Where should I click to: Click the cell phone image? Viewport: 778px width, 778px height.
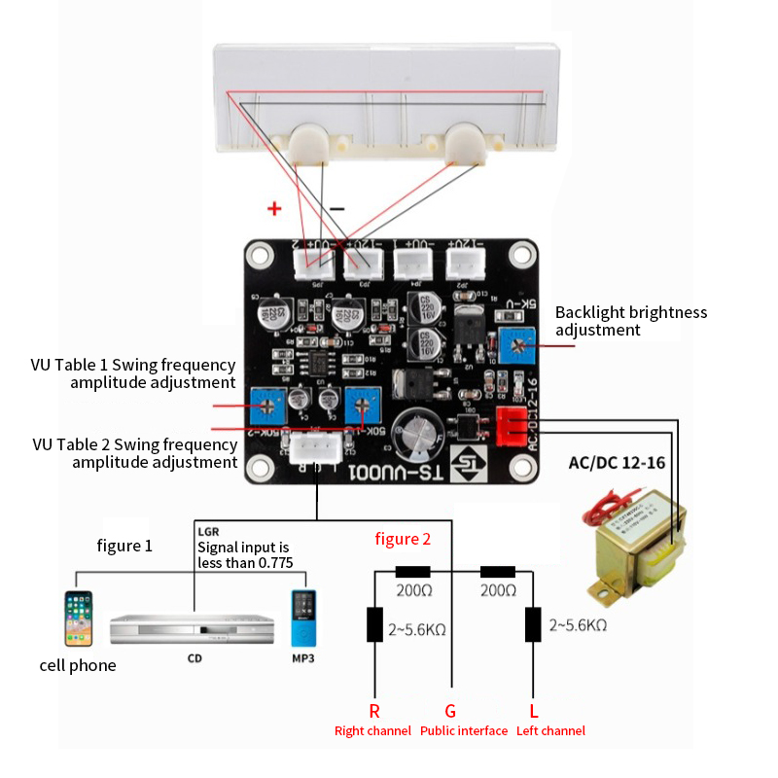tap(79, 619)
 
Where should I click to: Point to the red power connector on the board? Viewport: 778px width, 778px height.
tap(513, 424)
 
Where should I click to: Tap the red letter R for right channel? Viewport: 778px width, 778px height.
tap(374, 711)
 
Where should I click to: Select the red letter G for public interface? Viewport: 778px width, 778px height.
tap(451, 711)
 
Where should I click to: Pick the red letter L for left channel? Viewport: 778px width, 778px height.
tap(533, 711)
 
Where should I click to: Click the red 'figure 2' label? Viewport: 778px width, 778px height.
tap(402, 539)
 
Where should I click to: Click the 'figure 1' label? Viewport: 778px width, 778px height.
tap(124, 546)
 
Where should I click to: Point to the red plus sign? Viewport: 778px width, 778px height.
tap(274, 208)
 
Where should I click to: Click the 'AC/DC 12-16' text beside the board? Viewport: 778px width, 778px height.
tap(617, 462)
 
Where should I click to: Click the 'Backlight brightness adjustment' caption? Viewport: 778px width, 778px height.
tap(630, 321)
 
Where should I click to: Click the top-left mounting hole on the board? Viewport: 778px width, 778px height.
tap(260, 256)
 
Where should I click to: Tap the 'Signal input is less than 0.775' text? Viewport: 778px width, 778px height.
tap(243, 554)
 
